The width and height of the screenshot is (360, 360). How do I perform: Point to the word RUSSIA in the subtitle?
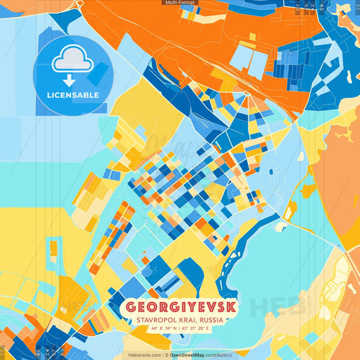[x=213, y=320]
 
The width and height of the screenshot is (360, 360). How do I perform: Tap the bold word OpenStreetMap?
[x=188, y=355]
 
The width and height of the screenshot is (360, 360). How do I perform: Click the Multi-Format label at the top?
[x=180, y=3]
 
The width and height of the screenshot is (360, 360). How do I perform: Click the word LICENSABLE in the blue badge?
[x=72, y=95]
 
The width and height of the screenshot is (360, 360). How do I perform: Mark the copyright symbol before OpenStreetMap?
[x=166, y=355]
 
